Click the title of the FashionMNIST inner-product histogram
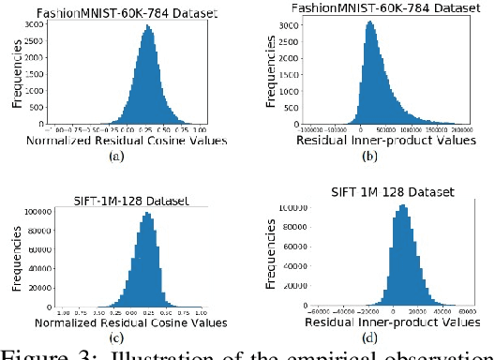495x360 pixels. pyautogui.click(x=385, y=7)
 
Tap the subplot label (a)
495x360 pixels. pyautogui.click(x=116, y=157)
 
